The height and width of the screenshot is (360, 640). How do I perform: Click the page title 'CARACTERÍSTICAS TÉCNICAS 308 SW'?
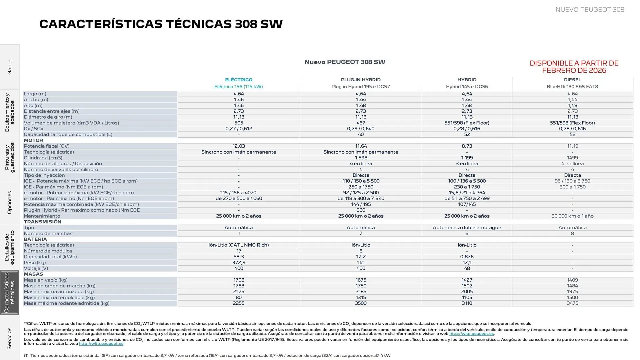click(161, 24)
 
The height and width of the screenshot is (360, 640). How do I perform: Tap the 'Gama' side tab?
click(9, 67)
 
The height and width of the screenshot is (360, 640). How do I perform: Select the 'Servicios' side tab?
click(9, 338)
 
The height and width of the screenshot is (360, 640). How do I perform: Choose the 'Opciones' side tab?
click(9, 202)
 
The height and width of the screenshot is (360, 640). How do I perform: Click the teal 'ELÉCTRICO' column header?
click(239, 80)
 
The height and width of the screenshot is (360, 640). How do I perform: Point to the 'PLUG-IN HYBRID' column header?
click(361, 80)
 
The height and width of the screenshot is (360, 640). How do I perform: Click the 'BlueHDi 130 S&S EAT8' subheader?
click(572, 87)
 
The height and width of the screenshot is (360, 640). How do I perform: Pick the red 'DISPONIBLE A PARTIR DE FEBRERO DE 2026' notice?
click(574, 67)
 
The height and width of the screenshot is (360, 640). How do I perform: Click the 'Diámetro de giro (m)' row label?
click(48, 117)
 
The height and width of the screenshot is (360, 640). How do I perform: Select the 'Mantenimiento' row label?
click(42, 216)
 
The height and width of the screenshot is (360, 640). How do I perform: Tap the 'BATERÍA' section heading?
click(35, 239)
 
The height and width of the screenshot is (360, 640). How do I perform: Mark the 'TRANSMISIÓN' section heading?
click(43, 222)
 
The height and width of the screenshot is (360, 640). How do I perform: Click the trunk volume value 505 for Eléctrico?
click(239, 123)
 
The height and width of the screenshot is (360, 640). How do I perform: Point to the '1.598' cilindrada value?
click(361, 158)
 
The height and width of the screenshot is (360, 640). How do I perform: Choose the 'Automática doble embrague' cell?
click(467, 228)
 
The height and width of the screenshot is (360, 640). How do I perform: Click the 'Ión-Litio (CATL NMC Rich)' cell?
click(239, 245)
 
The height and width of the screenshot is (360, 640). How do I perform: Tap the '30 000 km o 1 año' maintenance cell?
click(572, 216)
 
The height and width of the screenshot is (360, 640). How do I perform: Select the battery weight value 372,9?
click(239, 263)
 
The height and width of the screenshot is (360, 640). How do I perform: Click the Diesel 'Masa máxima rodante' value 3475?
click(572, 303)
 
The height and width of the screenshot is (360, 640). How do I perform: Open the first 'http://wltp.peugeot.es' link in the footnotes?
click(471, 334)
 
